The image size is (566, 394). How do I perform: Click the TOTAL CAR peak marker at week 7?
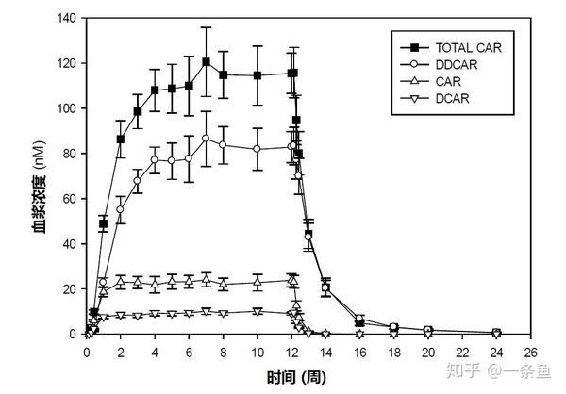coord(206,62)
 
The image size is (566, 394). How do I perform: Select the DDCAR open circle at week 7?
coord(206,139)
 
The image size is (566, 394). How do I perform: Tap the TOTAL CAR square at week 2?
coord(121,140)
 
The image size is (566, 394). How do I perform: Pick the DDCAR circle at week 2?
coord(121,209)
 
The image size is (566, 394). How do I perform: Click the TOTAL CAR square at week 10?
coord(257,75)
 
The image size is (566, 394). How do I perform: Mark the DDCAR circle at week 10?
coord(257,149)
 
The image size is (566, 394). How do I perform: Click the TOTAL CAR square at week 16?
coord(359,323)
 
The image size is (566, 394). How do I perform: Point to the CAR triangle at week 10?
coord(257,282)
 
